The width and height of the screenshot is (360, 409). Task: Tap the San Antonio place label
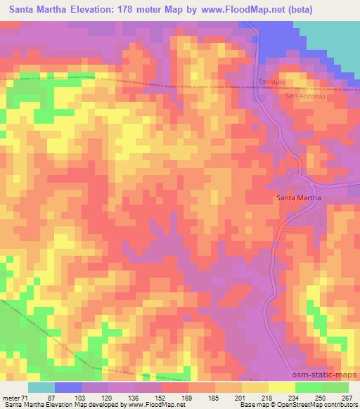click(x=304, y=96)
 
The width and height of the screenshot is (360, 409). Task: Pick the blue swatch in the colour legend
click(x=68, y=387)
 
